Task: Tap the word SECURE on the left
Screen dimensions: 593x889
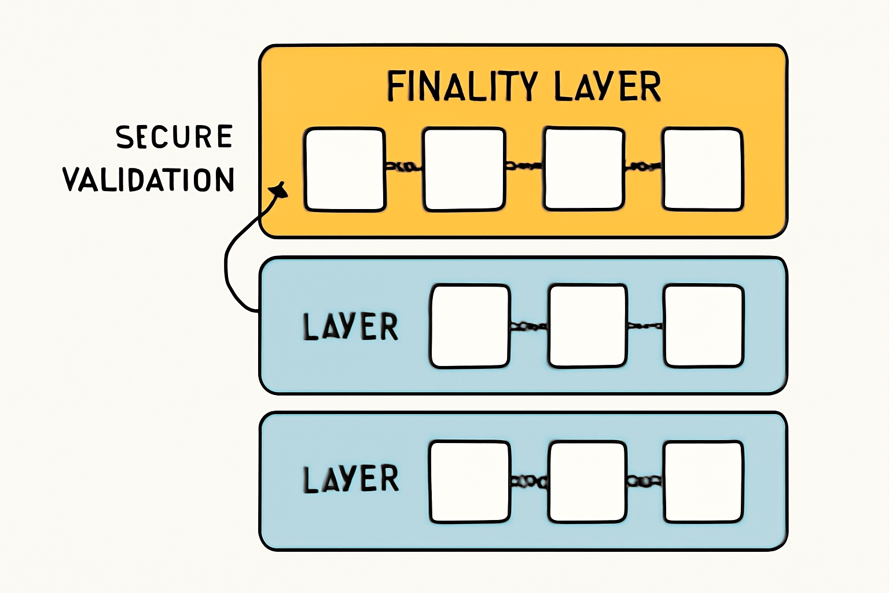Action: [x=174, y=137]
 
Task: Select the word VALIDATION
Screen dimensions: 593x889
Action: [x=149, y=180]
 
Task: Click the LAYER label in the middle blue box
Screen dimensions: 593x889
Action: [x=351, y=326]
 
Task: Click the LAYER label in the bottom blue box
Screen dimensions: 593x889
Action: [x=351, y=479]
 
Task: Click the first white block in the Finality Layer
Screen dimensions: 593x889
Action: [x=345, y=169]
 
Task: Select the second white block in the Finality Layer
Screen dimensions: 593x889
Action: [x=464, y=169]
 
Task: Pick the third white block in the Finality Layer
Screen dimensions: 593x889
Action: [x=584, y=169]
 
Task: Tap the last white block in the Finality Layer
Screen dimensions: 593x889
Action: [x=703, y=169]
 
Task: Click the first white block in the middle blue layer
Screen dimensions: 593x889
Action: [x=470, y=326]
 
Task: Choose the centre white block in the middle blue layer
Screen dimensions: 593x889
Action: [x=587, y=325]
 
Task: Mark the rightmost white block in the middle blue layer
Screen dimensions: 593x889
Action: [x=704, y=325]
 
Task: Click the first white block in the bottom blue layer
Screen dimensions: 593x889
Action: [x=469, y=482]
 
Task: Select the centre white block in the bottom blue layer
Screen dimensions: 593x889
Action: [x=587, y=482]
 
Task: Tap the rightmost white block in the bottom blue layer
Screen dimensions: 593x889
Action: [x=703, y=482]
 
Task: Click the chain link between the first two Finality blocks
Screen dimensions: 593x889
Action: [x=405, y=167]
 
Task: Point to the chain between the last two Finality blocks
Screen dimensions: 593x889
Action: [x=643, y=167]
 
